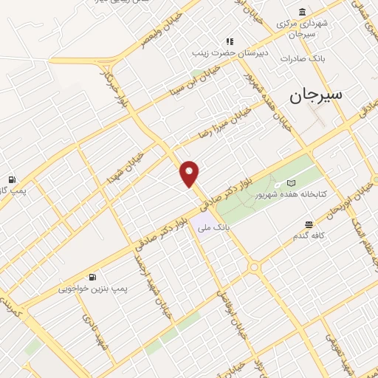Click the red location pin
tap(190, 173)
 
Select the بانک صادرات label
tap(308, 58)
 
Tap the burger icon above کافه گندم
tap(309, 224)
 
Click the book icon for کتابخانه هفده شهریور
tap(291, 182)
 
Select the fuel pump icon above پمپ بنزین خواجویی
tap(92, 277)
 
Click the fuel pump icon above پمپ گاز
tap(12, 179)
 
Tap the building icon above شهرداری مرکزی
tap(303, 11)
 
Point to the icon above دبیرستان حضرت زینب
tap(230, 41)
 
